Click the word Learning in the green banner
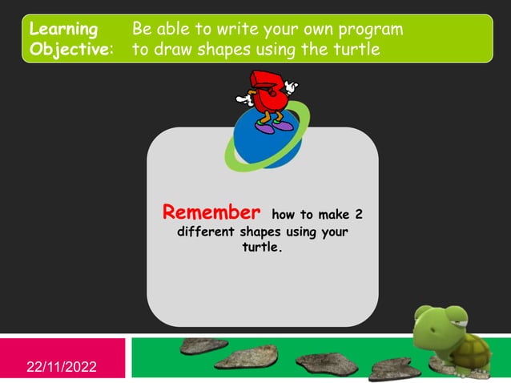[63, 29]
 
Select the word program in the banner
[366, 29]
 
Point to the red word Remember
[211, 212]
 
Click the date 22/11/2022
[62, 367]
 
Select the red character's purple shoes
[275, 126]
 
